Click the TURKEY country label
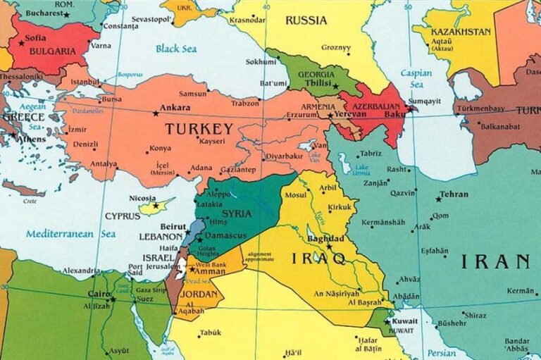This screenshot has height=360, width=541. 199,129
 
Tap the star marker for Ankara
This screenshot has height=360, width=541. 156,113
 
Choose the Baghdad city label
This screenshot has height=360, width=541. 325,239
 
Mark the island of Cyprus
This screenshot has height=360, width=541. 157,206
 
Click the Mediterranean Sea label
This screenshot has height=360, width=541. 70,233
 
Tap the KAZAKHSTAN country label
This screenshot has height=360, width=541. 452,32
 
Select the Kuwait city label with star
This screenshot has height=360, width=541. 404,321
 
